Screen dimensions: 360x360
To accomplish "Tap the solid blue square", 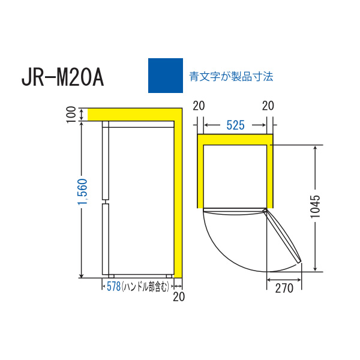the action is (x=166, y=76).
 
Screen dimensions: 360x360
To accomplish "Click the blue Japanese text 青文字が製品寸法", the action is (x=231, y=76).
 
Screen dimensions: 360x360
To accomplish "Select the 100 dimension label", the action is (x=71, y=115).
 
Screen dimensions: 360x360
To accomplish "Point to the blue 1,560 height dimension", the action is (x=83, y=192).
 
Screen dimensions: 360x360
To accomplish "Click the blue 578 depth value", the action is (x=113, y=287).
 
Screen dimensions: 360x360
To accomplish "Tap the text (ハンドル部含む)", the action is (x=145, y=287).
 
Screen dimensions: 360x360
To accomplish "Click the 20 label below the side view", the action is (x=179, y=297).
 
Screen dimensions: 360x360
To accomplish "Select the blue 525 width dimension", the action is (x=235, y=125).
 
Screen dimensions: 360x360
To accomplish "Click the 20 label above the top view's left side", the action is (x=199, y=106).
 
